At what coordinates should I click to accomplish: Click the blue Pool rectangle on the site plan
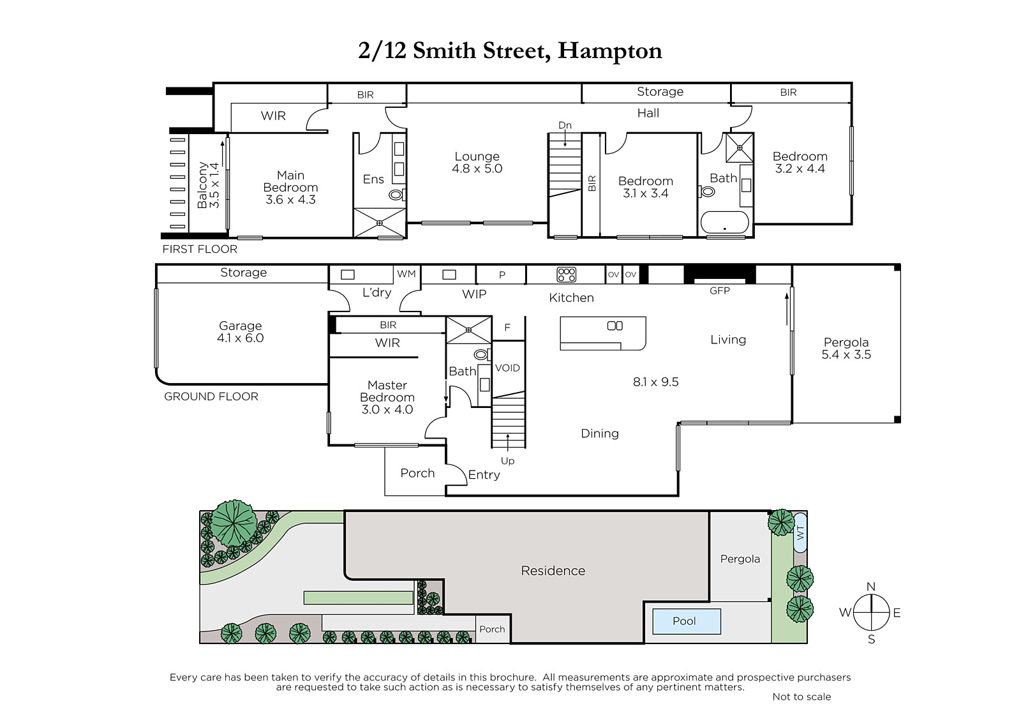click(x=687, y=621)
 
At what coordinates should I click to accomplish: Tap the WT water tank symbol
click(x=800, y=532)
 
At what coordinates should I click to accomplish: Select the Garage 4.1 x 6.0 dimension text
click(x=240, y=338)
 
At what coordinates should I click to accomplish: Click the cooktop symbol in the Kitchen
click(x=566, y=275)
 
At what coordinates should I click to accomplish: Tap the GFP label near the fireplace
click(x=720, y=290)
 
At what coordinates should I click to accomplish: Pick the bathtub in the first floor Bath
click(x=724, y=223)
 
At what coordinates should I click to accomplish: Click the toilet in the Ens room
click(x=397, y=195)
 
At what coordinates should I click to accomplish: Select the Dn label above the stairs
click(x=565, y=125)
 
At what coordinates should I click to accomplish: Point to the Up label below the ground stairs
click(x=507, y=461)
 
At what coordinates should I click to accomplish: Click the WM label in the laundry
click(x=406, y=274)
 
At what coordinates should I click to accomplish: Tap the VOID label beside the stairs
click(x=507, y=368)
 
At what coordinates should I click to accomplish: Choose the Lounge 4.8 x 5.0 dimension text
click(x=477, y=169)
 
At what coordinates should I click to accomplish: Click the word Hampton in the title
click(x=610, y=50)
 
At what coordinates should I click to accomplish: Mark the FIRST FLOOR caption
click(x=200, y=249)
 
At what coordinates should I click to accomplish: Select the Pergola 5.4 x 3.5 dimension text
click(x=846, y=354)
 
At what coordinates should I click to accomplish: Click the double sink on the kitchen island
click(x=615, y=326)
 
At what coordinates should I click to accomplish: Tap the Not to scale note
click(x=801, y=696)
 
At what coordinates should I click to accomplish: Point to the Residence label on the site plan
click(x=553, y=571)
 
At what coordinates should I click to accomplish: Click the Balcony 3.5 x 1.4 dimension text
click(x=214, y=185)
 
